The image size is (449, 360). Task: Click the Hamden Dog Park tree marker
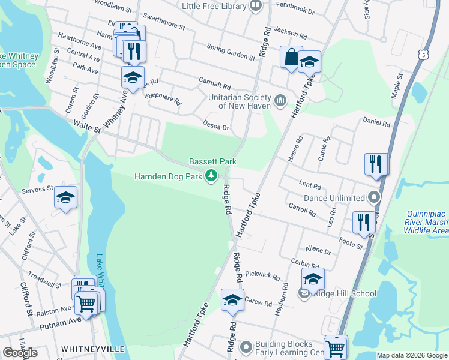211,176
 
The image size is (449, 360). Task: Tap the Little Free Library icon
256,6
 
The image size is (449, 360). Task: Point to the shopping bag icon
291,58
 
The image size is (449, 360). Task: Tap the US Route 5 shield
424,55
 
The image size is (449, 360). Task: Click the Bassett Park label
212,161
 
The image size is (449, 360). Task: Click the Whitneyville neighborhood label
92,349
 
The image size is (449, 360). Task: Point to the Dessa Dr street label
216,127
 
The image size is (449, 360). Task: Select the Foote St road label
351,244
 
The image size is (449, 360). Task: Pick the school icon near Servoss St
65,197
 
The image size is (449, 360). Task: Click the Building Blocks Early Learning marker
246,347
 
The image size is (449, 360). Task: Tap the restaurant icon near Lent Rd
376,163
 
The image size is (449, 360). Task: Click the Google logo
20,353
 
